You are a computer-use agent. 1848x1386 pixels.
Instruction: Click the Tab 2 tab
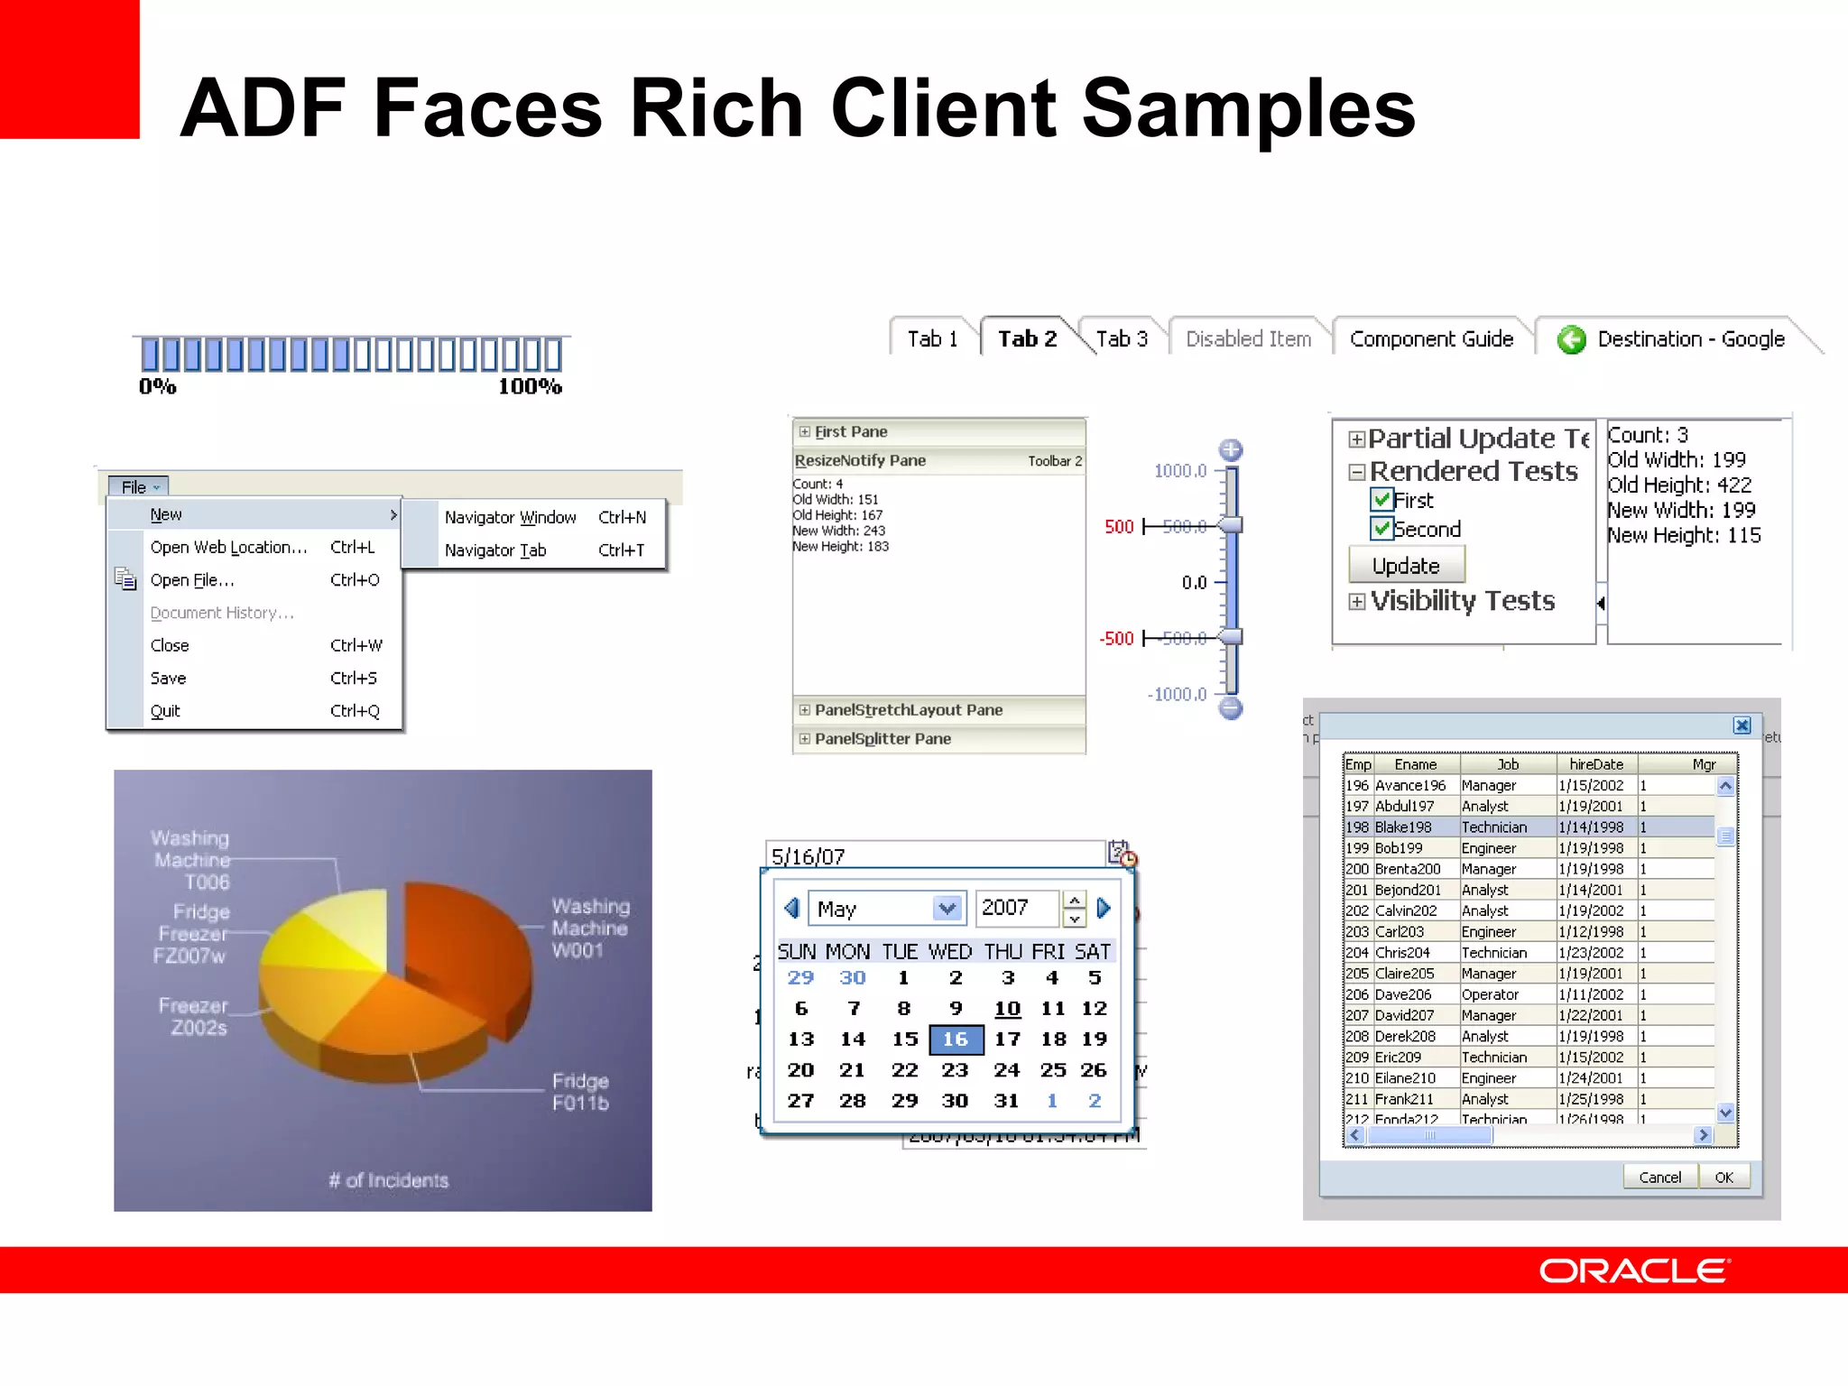[x=1027, y=338]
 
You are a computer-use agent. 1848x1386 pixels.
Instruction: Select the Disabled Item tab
[x=1248, y=338]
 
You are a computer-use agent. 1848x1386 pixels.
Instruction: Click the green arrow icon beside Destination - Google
[x=1571, y=339]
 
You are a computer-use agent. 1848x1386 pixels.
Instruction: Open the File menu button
[x=139, y=487]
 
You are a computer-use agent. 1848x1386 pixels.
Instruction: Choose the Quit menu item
[x=166, y=711]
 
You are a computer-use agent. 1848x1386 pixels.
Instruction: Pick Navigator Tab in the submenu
[x=495, y=550]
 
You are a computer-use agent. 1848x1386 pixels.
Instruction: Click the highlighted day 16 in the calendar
[x=956, y=1039]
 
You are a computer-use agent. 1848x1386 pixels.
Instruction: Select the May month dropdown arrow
[x=947, y=908]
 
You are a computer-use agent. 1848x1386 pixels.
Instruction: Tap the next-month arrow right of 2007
[x=1104, y=908]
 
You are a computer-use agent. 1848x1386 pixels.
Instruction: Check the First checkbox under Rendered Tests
[x=1381, y=499]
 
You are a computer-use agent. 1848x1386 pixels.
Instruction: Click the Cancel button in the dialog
[x=1659, y=1177]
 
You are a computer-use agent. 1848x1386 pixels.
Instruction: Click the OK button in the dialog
[x=1723, y=1177]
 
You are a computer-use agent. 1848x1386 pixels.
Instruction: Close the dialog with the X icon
[x=1742, y=725]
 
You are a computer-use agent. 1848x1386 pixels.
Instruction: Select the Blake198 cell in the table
[x=1403, y=827]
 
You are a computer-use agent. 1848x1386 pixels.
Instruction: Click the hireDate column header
[x=1595, y=764]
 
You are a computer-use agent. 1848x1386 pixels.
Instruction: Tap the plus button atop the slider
[x=1231, y=449]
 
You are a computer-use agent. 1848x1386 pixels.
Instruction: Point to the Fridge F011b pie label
[x=580, y=1092]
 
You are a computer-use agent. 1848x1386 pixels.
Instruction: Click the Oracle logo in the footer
[x=1634, y=1270]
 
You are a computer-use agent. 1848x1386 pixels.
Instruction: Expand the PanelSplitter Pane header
[x=882, y=739]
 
